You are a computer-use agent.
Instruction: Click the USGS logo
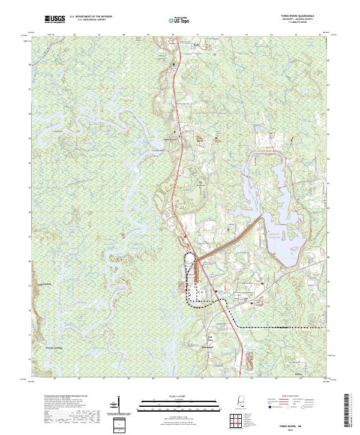[x=56, y=20]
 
